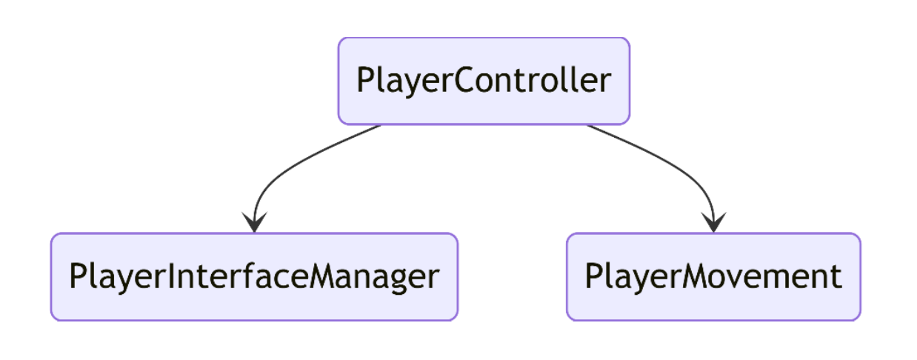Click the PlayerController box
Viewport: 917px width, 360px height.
pos(484,81)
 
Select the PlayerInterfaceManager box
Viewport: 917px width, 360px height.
pos(254,276)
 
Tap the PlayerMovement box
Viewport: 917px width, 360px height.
pos(713,276)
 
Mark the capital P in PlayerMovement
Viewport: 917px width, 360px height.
pos(594,276)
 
